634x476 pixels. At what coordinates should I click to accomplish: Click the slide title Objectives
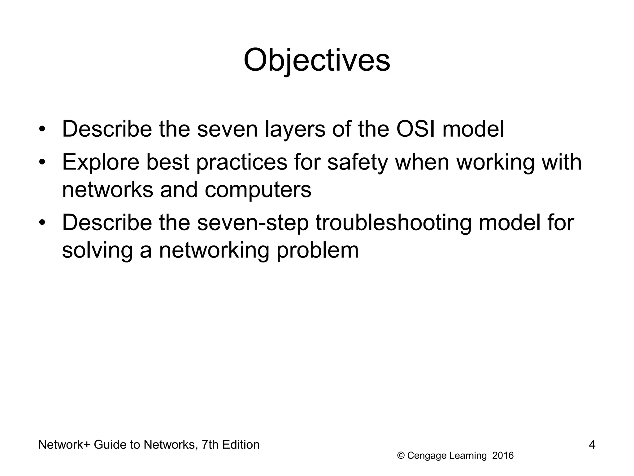click(x=317, y=60)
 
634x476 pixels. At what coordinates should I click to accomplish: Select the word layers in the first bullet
click(x=295, y=130)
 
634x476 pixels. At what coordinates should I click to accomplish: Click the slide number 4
click(x=592, y=445)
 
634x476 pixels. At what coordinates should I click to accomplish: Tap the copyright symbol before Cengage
click(x=401, y=456)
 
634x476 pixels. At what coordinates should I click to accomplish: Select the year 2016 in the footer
click(x=503, y=456)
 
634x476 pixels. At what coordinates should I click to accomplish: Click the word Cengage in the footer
click(x=427, y=456)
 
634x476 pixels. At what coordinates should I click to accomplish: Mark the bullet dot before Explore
click(x=42, y=162)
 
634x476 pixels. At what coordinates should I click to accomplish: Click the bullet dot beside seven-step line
click(x=42, y=223)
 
